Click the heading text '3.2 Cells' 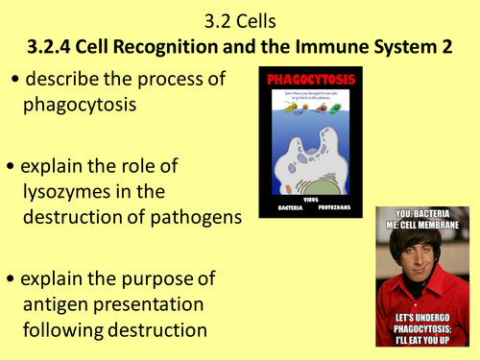point(239,17)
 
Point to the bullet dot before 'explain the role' point(12,167)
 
